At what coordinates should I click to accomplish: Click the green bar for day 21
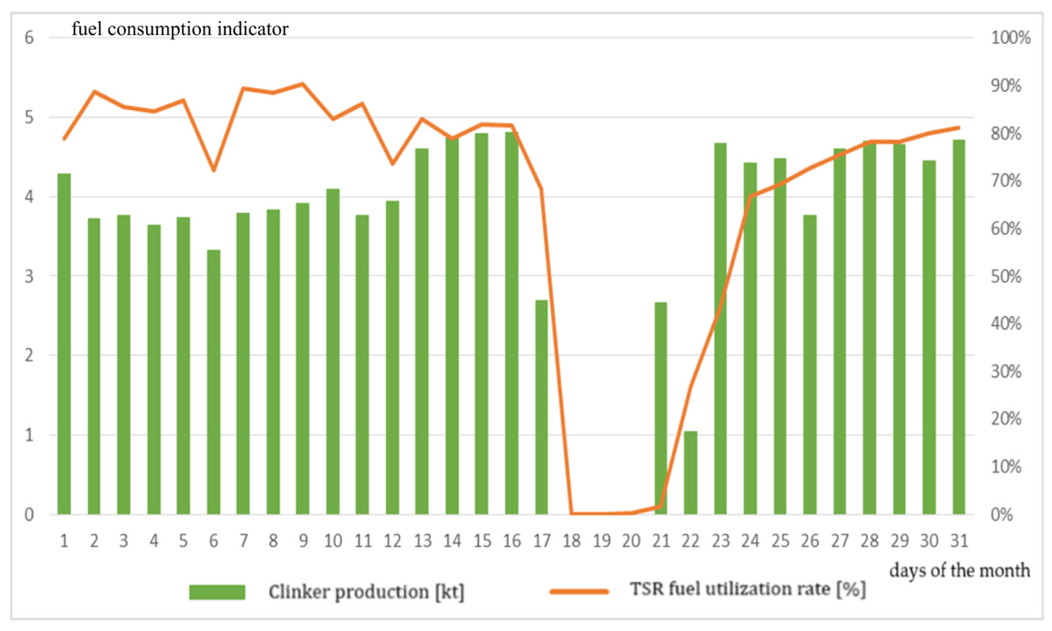pyautogui.click(x=661, y=408)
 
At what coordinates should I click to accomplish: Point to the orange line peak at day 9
pyautogui.click(x=302, y=84)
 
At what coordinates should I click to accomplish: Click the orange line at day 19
pyautogui.click(x=602, y=513)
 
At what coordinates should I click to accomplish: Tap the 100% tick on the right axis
pyautogui.click(x=1010, y=38)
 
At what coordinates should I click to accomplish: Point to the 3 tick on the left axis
pyautogui.click(x=29, y=277)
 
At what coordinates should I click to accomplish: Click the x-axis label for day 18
pyautogui.click(x=571, y=541)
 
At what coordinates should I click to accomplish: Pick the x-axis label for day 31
pyautogui.click(x=959, y=541)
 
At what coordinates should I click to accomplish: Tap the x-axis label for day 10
pyautogui.click(x=333, y=541)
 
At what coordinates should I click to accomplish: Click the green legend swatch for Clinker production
pyautogui.click(x=217, y=592)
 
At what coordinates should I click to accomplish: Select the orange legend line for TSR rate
pyautogui.click(x=579, y=592)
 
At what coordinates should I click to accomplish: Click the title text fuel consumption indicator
pyautogui.click(x=180, y=29)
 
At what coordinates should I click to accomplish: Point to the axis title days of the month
pyautogui.click(x=959, y=570)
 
